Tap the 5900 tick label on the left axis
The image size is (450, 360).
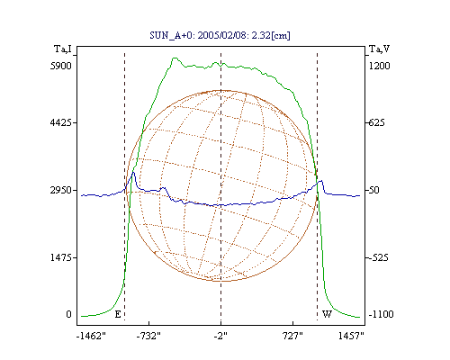[x=61, y=66]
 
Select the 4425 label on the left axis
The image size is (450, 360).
[x=61, y=122]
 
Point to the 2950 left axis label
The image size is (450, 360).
[x=61, y=190]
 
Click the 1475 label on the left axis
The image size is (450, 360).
[x=61, y=257]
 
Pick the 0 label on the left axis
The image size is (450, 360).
[x=69, y=314]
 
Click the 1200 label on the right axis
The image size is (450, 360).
[x=380, y=66]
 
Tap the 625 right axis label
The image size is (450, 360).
[x=376, y=122]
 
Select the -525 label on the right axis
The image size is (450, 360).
[x=378, y=257]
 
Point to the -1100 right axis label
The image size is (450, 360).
[x=381, y=314]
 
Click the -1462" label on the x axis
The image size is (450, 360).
[x=91, y=336]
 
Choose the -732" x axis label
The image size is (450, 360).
[x=148, y=336]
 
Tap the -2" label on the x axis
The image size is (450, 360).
[x=220, y=336]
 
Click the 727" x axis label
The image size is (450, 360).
[x=292, y=336]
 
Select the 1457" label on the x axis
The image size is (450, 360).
[x=351, y=336]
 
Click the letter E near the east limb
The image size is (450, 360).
[x=118, y=314]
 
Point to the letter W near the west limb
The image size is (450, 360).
[x=327, y=314]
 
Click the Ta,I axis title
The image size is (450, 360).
[x=63, y=49]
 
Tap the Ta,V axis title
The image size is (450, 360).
[x=379, y=49]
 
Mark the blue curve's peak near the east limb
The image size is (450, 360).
[x=134, y=172]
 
